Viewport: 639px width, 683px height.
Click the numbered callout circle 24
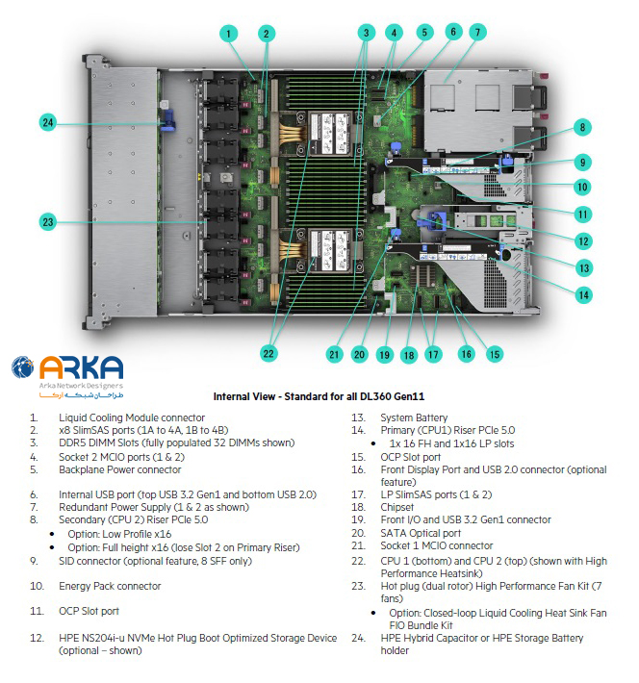click(48, 122)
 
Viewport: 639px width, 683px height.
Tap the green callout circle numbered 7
click(477, 33)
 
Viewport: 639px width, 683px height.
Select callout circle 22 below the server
click(268, 353)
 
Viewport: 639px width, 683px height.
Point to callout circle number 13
click(584, 267)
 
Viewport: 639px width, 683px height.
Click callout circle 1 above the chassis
click(229, 34)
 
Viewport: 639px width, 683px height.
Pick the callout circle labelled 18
click(409, 355)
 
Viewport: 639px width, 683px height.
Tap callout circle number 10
click(583, 188)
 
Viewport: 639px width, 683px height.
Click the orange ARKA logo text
click(82, 367)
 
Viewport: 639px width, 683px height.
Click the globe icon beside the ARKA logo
click(23, 367)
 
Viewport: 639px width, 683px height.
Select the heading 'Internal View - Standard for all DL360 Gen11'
click(319, 396)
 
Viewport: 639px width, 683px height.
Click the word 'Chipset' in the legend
click(397, 507)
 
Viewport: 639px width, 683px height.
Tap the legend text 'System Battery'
click(414, 417)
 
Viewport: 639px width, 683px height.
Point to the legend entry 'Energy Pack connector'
click(110, 586)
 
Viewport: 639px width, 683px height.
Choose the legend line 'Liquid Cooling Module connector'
click(132, 417)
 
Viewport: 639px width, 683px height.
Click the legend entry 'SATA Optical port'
click(421, 533)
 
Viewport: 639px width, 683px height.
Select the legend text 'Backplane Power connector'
click(120, 469)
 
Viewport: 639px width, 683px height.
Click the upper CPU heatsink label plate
click(330, 134)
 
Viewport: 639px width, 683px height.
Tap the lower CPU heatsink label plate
click(330, 250)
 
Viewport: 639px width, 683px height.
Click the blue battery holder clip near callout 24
click(167, 120)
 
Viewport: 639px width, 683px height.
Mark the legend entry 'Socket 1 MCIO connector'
click(437, 545)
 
